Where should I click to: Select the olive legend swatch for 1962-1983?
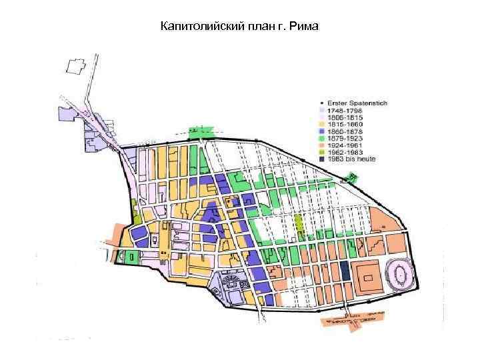(x=322, y=153)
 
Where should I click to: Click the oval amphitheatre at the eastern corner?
(x=403, y=273)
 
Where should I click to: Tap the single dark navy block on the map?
(x=345, y=270)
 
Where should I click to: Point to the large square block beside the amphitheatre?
(x=367, y=275)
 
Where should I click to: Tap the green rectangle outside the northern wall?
(x=203, y=132)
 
